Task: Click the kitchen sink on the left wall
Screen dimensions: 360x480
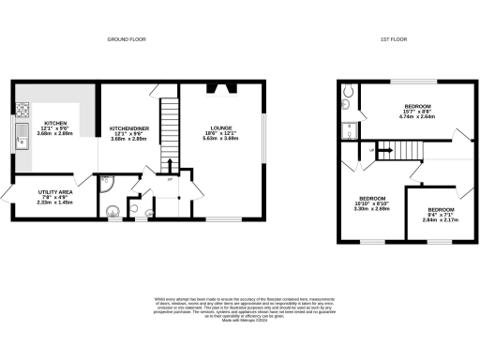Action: pyautogui.click(x=20, y=139)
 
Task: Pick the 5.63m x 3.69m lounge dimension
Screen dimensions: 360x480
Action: pyautogui.click(x=224, y=141)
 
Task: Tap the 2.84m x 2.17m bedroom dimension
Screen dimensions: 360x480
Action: pyautogui.click(x=440, y=218)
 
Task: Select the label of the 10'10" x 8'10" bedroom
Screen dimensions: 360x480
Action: pyautogui.click(x=373, y=199)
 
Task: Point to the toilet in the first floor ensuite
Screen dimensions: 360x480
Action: pyautogui.click(x=348, y=91)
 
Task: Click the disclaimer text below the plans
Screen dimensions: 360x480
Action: pyautogui.click(x=240, y=308)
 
